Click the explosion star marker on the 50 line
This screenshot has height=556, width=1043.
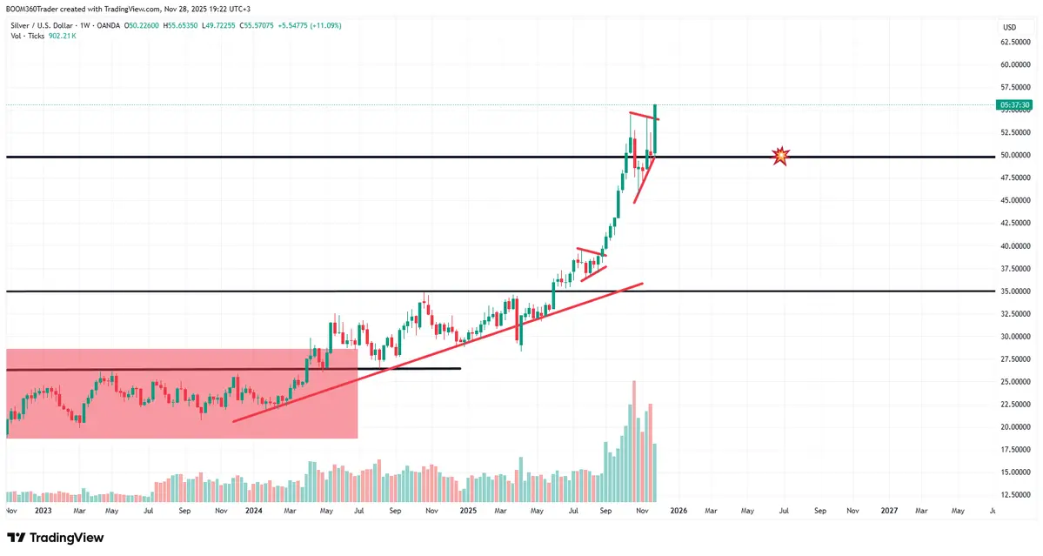[781, 157]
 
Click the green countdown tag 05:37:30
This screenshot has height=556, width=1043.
[1014, 105]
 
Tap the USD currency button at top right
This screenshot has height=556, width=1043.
[1009, 27]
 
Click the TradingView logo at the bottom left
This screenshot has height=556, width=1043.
[56, 538]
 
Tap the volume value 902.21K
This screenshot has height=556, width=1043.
[62, 36]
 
